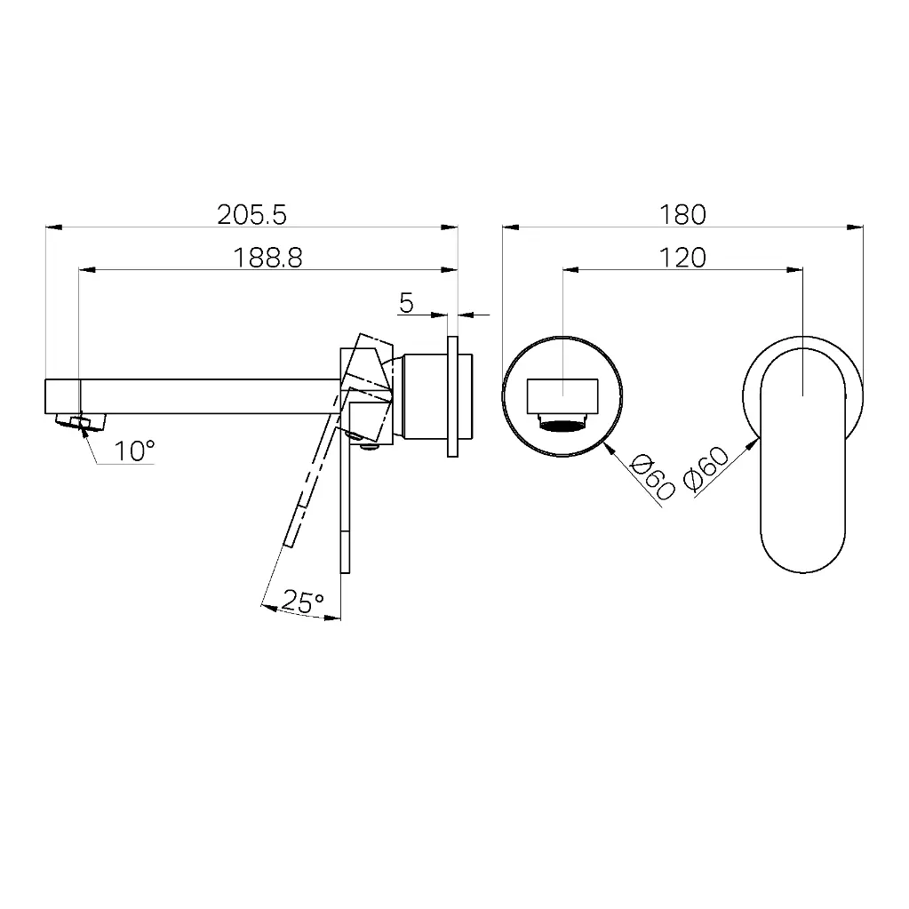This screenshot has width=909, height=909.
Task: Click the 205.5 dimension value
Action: pos(251,214)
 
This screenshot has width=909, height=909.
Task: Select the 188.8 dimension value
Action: pos(267,258)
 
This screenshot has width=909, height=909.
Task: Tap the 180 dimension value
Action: pos(682,214)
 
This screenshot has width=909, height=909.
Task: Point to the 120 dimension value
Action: pos(682,258)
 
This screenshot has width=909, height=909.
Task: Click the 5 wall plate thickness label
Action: pos(406,303)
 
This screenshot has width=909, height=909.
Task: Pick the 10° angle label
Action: pos(134,451)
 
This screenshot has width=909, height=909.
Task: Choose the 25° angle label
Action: pos(302,602)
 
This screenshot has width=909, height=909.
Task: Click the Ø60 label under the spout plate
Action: pos(652,476)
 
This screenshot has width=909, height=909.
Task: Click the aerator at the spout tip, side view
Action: pos(81,421)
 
